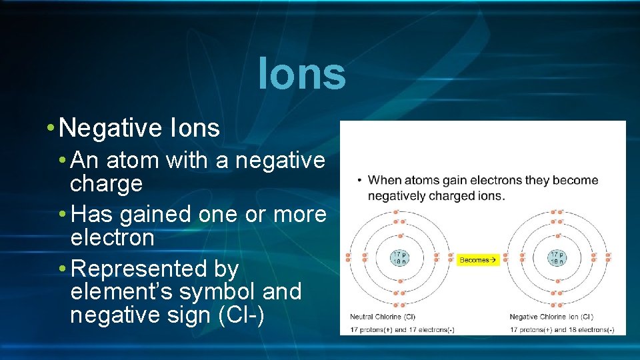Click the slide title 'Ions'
coord(302,74)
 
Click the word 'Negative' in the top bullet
coord(114,127)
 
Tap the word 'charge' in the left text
coord(106,183)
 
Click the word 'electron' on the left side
coord(112,237)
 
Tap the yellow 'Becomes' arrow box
coord(479,260)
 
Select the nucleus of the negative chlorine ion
coord(557,259)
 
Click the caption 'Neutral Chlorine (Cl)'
coord(383,317)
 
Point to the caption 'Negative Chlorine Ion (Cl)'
coord(551,317)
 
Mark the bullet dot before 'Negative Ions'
coord(51,128)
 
